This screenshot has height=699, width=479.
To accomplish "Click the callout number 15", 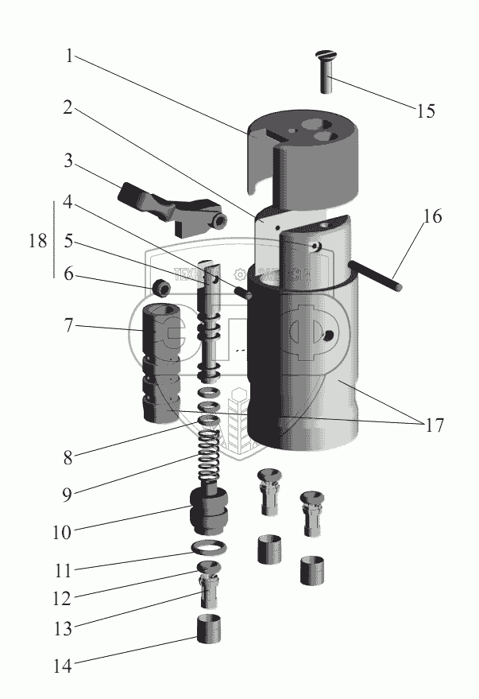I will tap(425, 111).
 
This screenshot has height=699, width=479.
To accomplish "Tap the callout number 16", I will tap(433, 217).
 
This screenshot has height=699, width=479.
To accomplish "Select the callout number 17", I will tap(433, 425).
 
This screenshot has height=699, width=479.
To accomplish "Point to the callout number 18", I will tap(37, 240).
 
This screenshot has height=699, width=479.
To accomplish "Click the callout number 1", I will tap(70, 56).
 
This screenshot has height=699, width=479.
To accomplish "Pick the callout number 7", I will tap(70, 326).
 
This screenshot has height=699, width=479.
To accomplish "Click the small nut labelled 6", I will tap(162, 286).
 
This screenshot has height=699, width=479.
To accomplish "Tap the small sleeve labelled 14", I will tap(209, 628).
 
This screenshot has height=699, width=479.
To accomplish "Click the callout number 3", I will tap(70, 163).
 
